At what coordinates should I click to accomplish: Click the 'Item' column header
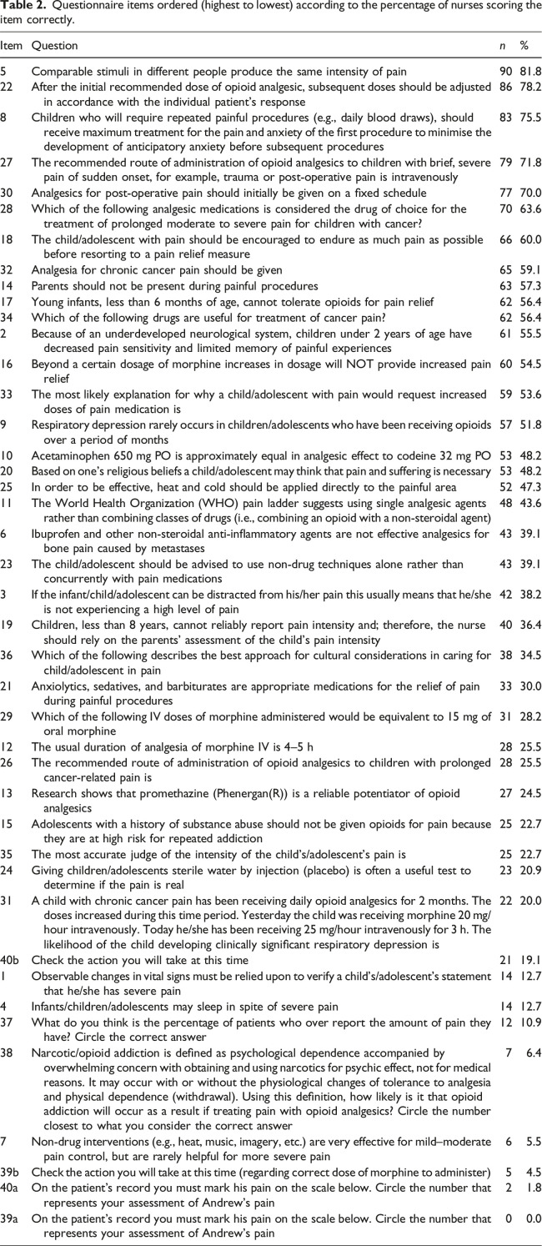click(12, 46)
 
